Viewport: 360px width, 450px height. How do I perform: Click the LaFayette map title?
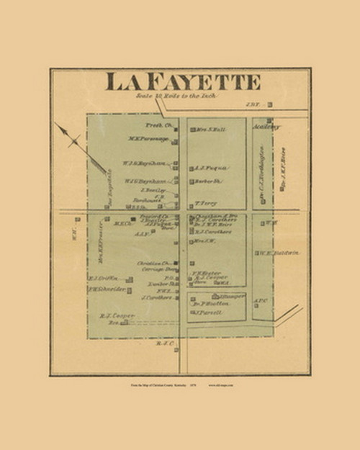tap(183, 81)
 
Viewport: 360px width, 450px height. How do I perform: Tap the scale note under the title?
tap(175, 96)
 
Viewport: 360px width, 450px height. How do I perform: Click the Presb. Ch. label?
tap(156, 125)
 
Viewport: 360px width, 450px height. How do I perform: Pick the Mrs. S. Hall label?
tap(210, 130)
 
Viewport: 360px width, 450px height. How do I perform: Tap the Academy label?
tap(266, 125)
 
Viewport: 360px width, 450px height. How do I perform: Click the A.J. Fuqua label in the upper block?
tap(212, 168)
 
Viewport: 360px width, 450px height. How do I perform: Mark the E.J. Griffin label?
tap(102, 279)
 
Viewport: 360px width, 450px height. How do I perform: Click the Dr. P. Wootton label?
tap(210, 304)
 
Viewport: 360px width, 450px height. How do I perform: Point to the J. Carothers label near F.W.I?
tap(158, 297)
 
